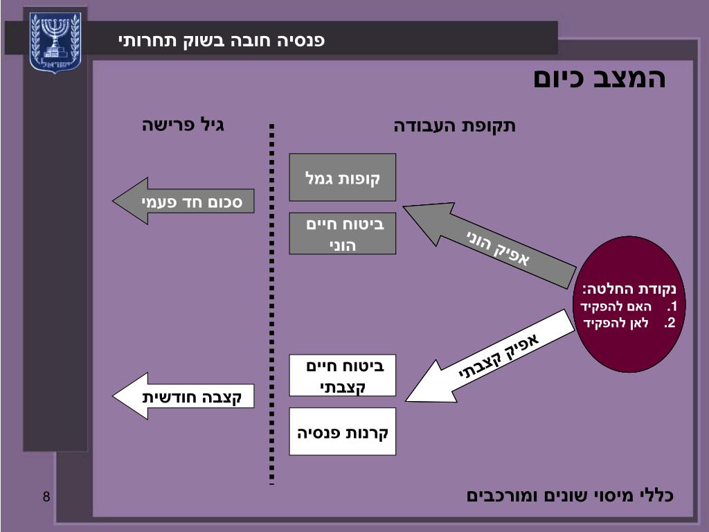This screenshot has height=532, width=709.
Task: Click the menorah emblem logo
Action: tap(55, 42)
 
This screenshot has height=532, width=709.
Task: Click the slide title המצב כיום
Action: tap(599, 78)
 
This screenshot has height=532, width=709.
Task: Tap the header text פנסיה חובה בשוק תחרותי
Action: tap(222, 40)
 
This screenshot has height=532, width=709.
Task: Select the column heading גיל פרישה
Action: tap(183, 125)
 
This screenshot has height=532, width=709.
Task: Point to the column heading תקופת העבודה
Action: tap(455, 126)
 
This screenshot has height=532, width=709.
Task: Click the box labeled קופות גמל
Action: tap(343, 177)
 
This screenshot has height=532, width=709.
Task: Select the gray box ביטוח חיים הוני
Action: tap(343, 234)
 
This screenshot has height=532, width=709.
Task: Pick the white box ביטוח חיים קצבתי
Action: tap(343, 375)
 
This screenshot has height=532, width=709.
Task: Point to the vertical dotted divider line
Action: tap(272, 305)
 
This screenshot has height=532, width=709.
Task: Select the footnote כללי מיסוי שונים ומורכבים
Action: tap(570, 495)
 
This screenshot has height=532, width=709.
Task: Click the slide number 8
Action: tap(46, 497)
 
